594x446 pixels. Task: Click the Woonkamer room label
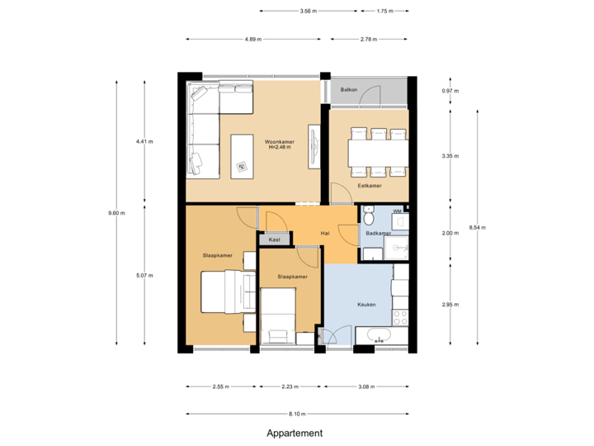(280, 141)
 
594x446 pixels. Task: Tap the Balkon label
(349, 89)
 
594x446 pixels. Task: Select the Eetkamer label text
(369, 186)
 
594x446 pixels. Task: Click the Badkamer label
(378, 234)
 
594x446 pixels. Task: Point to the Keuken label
(366, 304)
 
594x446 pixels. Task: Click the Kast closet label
(274, 240)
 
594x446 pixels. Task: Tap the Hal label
(325, 234)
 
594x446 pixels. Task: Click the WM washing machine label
(397, 211)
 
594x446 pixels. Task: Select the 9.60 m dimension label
(116, 213)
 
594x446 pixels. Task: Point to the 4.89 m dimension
(253, 39)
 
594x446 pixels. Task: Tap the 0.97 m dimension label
(450, 91)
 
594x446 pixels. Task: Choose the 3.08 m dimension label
(366, 386)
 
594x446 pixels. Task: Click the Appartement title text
(295, 433)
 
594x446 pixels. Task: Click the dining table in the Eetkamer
(378, 153)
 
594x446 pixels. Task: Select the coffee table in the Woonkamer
(243, 154)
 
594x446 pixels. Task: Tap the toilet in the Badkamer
(369, 217)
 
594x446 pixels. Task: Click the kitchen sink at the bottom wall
(379, 336)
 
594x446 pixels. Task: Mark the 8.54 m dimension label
(477, 227)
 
